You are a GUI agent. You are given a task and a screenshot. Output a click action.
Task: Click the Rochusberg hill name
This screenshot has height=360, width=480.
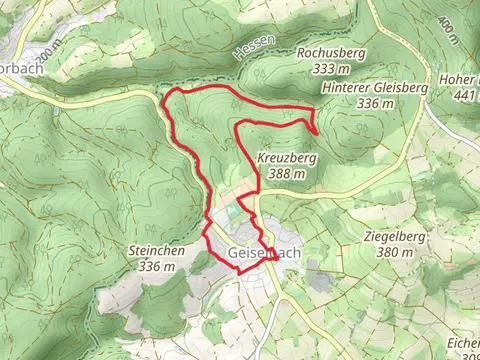click(326, 52)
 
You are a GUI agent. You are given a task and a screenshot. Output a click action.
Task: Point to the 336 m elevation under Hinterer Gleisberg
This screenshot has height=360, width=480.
click(376, 103)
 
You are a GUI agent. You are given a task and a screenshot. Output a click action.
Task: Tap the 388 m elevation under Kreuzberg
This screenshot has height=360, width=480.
click(286, 174)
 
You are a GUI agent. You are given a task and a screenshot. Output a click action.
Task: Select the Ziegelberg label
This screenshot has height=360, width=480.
click(391, 238)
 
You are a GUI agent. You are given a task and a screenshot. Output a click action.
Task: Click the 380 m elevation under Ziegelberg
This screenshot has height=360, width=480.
click(391, 253)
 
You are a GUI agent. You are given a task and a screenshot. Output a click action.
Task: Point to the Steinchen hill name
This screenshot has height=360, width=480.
click(156, 251)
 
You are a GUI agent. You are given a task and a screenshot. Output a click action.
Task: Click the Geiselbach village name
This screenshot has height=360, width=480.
click(264, 253)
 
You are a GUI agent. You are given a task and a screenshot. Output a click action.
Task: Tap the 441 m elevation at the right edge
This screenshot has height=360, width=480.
click(466, 95)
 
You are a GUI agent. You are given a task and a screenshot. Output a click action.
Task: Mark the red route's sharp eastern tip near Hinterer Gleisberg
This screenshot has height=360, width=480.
click(317, 130)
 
